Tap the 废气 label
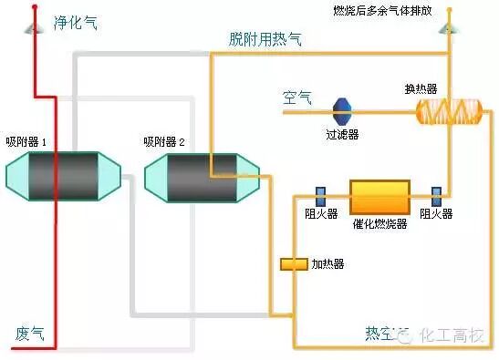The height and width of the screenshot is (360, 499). (x=28, y=333)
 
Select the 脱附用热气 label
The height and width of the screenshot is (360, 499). (x=265, y=40)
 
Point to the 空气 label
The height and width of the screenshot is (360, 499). (x=297, y=98)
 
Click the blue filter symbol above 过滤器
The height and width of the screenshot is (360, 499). (x=342, y=112)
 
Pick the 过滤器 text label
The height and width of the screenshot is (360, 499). (x=342, y=134)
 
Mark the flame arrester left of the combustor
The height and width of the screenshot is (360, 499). (x=321, y=196)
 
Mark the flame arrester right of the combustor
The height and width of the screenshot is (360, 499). (x=436, y=196)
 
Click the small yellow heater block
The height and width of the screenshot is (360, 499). (x=293, y=264)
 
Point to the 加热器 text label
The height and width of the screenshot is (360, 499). (x=327, y=264)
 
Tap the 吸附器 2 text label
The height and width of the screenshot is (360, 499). (x=164, y=142)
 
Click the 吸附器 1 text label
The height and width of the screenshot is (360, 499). (x=26, y=141)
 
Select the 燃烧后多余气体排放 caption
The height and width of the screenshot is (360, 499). (x=394, y=12)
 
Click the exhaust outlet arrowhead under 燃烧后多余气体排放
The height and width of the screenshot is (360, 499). (x=449, y=29)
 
